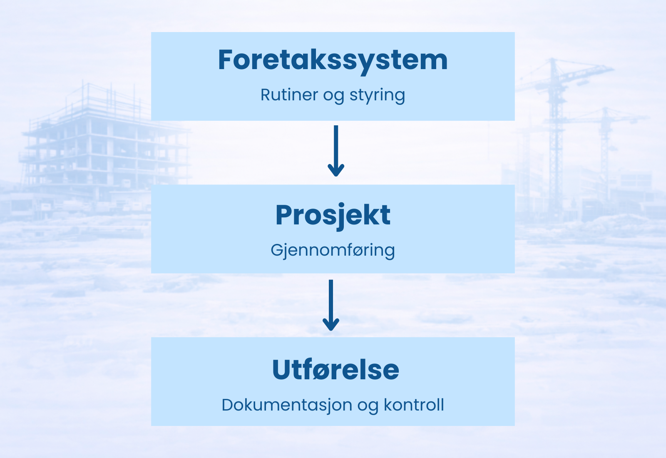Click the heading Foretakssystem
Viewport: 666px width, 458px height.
[333, 60]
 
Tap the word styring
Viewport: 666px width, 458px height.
[377, 95]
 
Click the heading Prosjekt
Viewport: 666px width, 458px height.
[333, 216]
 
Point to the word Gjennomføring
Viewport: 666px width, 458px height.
[333, 251]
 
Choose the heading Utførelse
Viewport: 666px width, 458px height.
[335, 370]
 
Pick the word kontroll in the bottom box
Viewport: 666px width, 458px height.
[414, 405]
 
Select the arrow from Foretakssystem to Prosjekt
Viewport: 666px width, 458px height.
[336, 150]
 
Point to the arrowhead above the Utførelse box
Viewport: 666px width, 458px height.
[331, 325]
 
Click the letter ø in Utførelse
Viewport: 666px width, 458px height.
[320, 370]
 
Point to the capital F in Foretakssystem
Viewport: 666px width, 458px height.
[227, 60]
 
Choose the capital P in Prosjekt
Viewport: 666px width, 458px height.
[284, 216]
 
